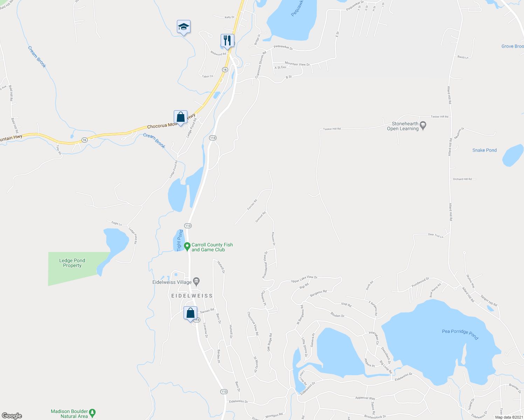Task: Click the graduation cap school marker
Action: [184, 27]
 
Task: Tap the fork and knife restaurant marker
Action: [227, 41]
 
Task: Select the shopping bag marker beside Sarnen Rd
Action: [190, 313]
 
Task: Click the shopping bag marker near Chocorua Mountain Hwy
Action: [180, 117]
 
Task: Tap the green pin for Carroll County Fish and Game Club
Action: [187, 246]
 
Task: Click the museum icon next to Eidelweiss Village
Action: [196, 281]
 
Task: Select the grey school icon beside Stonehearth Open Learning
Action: [423, 125]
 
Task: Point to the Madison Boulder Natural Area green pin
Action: [92, 413]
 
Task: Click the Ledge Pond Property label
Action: [72, 263]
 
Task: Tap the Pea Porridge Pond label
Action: [460, 334]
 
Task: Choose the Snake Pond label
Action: [484, 150]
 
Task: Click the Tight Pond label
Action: [180, 240]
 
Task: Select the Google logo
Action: [12, 416]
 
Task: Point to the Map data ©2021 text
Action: [509, 417]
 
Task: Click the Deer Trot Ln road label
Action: [435, 236]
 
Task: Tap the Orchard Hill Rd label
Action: [462, 179]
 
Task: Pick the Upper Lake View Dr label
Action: [304, 279]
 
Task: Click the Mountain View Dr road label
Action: [297, 64]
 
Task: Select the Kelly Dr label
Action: [229, 17]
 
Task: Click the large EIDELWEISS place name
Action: [192, 296]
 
